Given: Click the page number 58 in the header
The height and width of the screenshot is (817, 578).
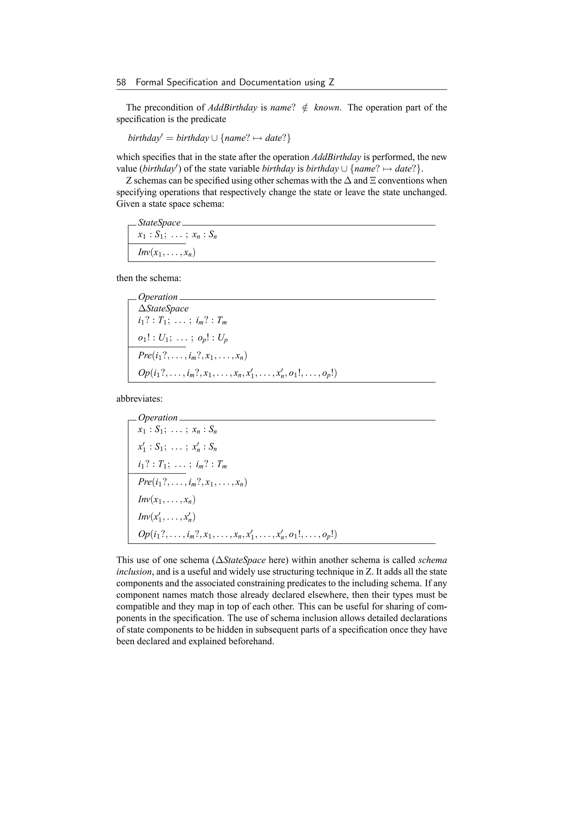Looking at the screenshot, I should [x=121, y=83].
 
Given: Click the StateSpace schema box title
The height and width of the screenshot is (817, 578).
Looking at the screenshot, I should [x=159, y=223].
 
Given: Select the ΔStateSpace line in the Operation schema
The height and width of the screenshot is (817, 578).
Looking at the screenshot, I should [x=163, y=309].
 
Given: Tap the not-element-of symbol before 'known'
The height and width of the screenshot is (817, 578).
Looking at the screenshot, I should [x=305, y=108].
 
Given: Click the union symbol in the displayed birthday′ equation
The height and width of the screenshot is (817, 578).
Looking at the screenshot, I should [x=214, y=138].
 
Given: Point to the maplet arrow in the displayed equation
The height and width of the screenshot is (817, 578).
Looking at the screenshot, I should [x=256, y=138].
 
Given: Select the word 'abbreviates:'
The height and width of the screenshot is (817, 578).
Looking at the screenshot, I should [x=139, y=399].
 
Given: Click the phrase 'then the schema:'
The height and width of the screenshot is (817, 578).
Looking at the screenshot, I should [x=149, y=278].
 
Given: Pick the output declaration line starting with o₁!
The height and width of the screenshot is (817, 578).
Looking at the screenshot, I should [x=183, y=338].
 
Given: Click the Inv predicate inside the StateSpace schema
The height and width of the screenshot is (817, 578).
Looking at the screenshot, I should [x=167, y=253].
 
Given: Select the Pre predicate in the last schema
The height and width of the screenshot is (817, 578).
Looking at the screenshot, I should [x=192, y=482].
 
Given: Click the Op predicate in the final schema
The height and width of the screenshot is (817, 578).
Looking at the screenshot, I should [x=237, y=535].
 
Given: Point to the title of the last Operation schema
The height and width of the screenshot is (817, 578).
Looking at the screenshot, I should [x=158, y=418].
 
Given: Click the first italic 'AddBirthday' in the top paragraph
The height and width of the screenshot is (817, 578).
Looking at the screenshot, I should [x=232, y=108].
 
